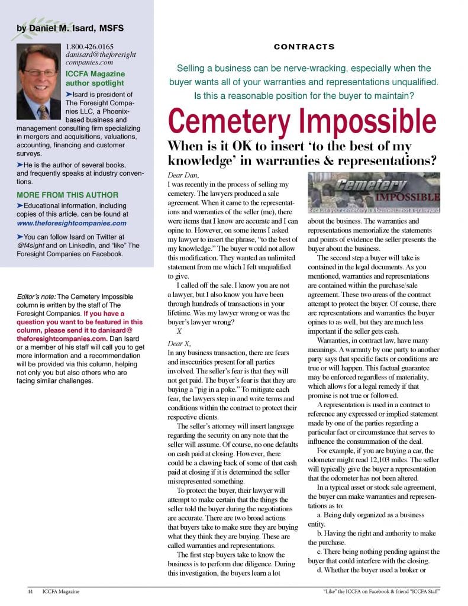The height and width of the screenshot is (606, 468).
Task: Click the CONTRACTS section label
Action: pyautogui.click(x=304, y=47)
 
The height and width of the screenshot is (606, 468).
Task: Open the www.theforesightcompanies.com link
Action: pyautogui.click(x=72, y=223)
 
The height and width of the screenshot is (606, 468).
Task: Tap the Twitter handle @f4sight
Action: pyautogui.click(x=34, y=244)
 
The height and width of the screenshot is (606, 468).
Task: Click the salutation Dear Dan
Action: pyautogui.click(x=184, y=175)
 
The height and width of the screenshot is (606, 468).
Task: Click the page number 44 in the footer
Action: pyautogui.click(x=30, y=591)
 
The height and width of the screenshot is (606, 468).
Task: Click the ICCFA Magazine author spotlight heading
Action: pyautogui.click(x=95, y=79)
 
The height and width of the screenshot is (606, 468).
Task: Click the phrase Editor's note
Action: pyautogui.click(x=37, y=296)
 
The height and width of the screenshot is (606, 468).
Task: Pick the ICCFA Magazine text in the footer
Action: pyautogui.click(x=61, y=591)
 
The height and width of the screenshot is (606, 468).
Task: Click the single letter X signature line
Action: pyautogui.click(x=179, y=333)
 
